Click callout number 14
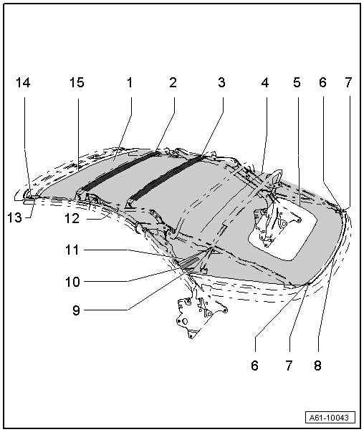coord(23,82)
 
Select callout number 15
coord(77,82)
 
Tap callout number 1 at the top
coord(130,82)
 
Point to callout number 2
coord(173,82)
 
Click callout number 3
coord(221,82)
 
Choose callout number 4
coord(265,82)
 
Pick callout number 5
coord(297,82)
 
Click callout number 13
coord(14,217)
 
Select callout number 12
coord(72,218)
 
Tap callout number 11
coord(72,250)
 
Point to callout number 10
coord(72,282)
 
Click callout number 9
coord(76,310)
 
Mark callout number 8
coord(317,365)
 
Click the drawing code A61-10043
coord(330,418)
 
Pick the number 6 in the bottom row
coord(254,365)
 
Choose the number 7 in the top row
coord(348,82)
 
